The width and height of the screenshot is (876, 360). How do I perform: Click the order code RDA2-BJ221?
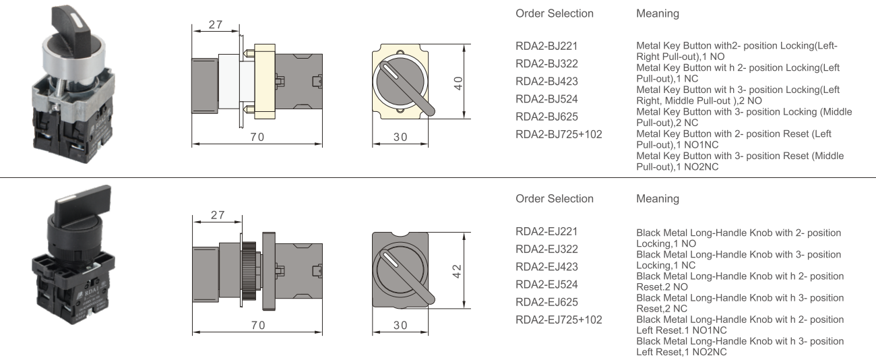(546, 47)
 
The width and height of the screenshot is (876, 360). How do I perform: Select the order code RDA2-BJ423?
(546, 82)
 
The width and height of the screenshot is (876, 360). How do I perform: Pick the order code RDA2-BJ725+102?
(559, 134)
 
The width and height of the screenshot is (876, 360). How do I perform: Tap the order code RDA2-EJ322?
(546, 249)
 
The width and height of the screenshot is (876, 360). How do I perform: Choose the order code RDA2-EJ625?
(546, 301)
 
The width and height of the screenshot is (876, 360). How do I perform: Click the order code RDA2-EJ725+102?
(559, 319)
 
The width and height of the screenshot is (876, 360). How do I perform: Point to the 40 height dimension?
(458, 83)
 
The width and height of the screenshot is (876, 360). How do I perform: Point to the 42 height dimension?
(458, 270)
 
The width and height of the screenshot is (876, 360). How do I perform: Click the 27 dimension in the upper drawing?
(215, 25)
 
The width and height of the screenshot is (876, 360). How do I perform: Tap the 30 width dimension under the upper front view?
(400, 137)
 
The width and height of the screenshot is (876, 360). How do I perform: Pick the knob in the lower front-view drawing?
(402, 270)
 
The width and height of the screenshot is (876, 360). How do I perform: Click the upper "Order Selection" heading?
(554, 13)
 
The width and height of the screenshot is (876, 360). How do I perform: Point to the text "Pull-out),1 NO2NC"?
(677, 167)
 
